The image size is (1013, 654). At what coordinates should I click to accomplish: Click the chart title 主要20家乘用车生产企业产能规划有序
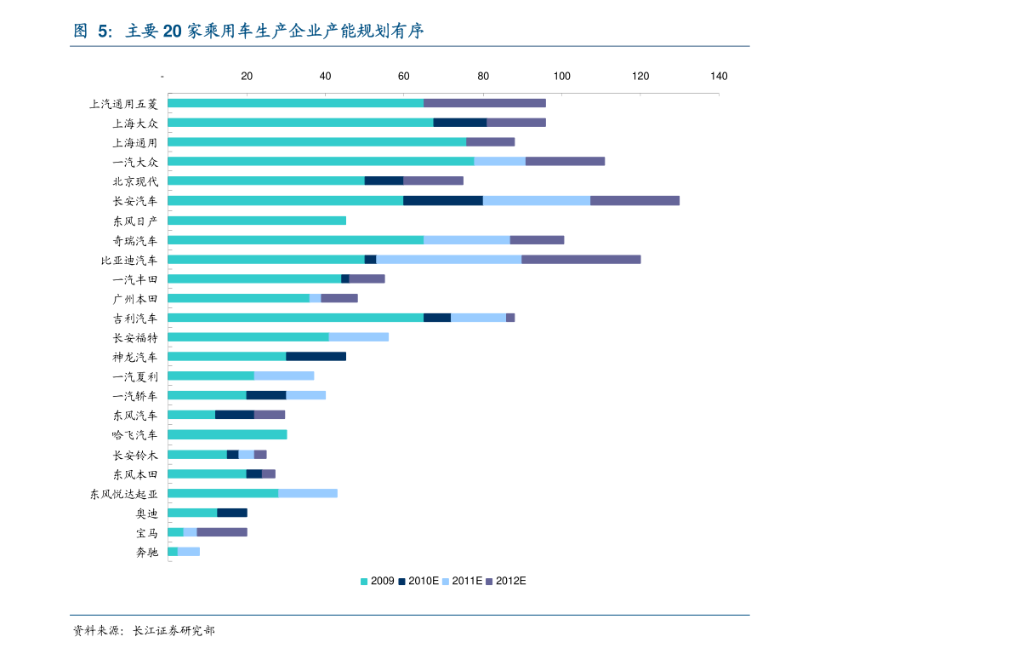(x=274, y=32)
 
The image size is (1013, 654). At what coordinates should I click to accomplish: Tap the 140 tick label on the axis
(x=719, y=77)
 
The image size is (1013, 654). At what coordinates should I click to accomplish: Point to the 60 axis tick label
(x=404, y=77)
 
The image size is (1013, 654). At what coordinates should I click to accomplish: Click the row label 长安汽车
(x=135, y=201)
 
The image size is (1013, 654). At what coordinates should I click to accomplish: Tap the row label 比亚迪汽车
(x=129, y=260)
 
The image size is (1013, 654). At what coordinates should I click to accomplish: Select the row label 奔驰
(x=146, y=552)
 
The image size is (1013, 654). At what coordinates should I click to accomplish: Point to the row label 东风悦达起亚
(x=124, y=494)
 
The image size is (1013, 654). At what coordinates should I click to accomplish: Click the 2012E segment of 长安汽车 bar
(x=635, y=201)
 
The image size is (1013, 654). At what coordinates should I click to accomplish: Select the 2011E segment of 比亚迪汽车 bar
(x=448, y=260)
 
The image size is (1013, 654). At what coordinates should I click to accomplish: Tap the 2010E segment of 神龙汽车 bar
(x=316, y=356)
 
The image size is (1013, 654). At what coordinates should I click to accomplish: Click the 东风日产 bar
(x=257, y=221)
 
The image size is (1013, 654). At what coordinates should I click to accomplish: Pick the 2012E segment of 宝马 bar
(x=222, y=532)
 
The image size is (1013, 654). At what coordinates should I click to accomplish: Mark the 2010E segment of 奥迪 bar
(x=232, y=513)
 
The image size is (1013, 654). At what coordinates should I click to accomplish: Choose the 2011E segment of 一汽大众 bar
(x=499, y=161)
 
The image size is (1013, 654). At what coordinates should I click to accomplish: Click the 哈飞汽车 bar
(x=227, y=434)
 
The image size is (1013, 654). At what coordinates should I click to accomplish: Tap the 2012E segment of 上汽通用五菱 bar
(x=485, y=103)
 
